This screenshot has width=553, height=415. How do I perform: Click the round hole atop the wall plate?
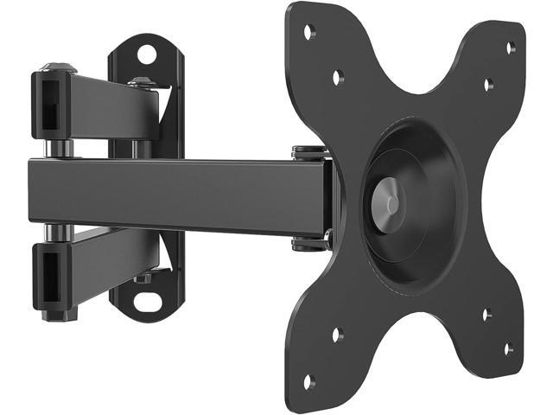147,54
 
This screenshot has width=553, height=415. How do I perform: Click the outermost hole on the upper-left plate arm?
308,33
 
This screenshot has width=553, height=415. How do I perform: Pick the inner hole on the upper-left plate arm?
337,77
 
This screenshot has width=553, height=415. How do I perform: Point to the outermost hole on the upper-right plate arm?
511,47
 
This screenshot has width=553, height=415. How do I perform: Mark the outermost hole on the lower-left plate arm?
308,380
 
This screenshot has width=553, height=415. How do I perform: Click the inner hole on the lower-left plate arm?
337,334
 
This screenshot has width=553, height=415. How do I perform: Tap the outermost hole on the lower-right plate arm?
510,348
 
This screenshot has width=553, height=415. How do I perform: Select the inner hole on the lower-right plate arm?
486,314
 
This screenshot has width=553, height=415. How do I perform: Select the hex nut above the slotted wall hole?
143,278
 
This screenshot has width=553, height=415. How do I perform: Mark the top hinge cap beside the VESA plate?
310,154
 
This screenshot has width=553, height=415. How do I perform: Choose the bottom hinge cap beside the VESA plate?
311,244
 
